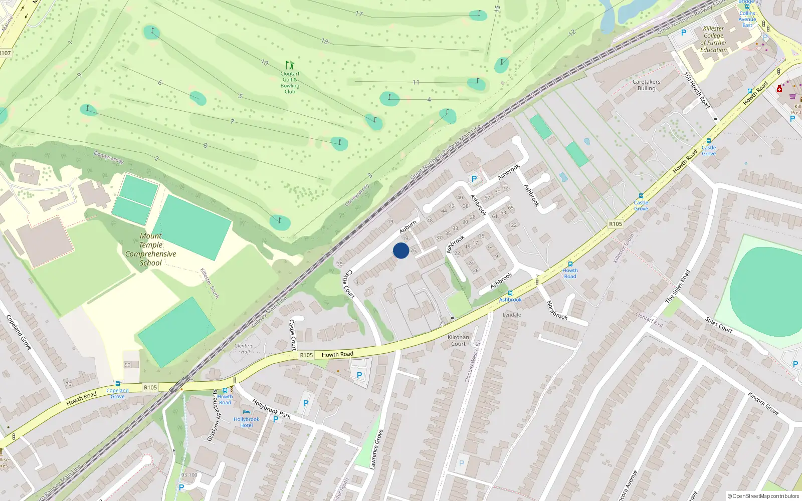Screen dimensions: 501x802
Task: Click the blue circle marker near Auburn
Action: coord(400,250)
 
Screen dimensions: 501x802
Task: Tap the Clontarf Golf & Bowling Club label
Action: coord(290,83)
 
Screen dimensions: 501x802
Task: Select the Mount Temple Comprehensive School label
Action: coord(150,249)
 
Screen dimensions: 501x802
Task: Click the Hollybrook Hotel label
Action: coord(246,422)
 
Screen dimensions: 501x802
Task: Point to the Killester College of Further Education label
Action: coord(713,39)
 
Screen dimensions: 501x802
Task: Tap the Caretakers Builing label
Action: coord(646,85)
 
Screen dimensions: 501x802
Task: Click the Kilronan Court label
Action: coord(458,340)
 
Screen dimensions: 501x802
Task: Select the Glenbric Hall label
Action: coord(244,348)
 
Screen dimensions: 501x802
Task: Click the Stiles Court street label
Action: coord(719,325)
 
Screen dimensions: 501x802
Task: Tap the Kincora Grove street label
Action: coord(763,403)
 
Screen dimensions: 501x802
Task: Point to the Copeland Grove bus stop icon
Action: coord(117,384)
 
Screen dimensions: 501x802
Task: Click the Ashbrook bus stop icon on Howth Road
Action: coord(510,293)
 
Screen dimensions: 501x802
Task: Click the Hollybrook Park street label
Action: coord(271,408)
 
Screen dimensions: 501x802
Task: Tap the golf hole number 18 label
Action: coord(325,42)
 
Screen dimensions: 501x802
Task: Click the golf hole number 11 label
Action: coord(416,82)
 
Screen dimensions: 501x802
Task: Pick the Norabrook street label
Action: coord(556,310)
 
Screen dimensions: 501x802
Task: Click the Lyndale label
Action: coord(512,315)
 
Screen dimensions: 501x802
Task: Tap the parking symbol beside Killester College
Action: coord(683,33)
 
